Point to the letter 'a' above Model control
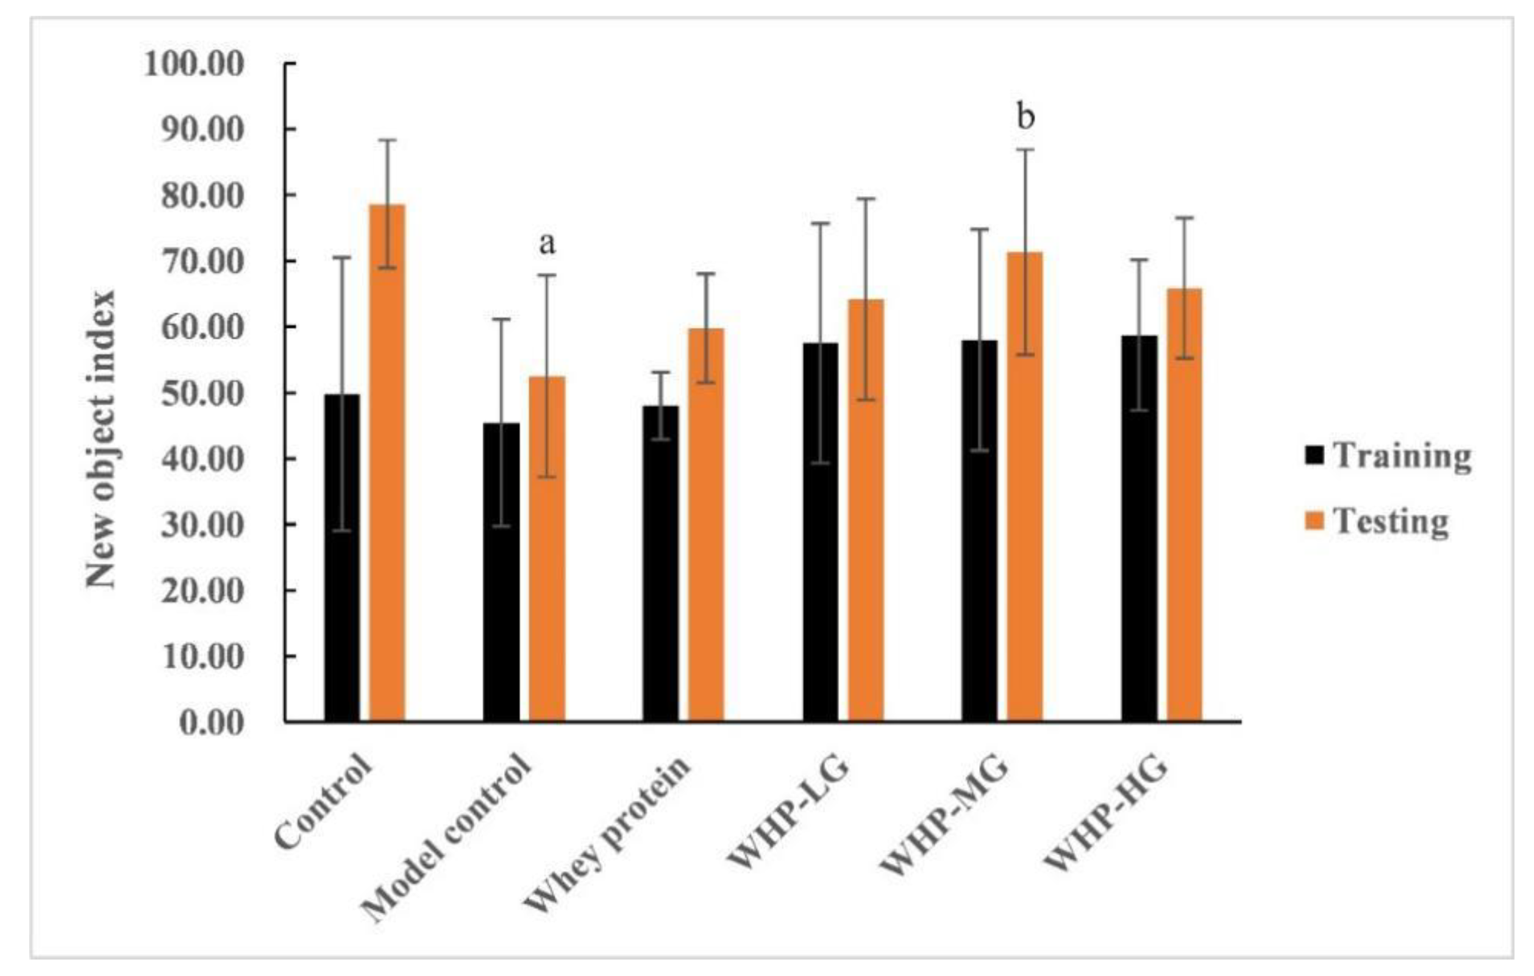pyautogui.click(x=548, y=243)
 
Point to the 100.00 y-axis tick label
pyautogui.click(x=194, y=64)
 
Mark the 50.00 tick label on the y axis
pyautogui.click(x=202, y=393)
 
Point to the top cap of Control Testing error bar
pyautogui.click(x=387, y=140)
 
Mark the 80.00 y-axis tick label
pyautogui.click(x=202, y=196)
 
